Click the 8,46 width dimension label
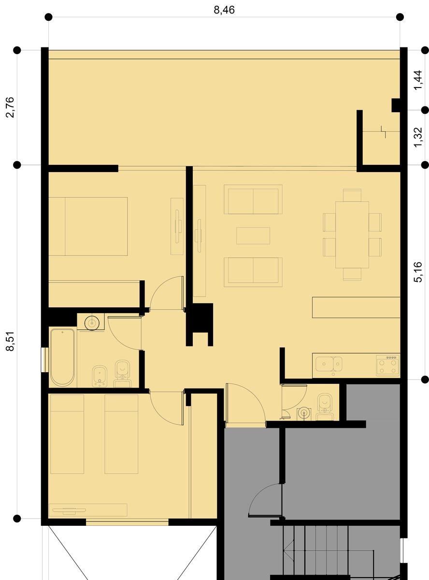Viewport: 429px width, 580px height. coord(224,10)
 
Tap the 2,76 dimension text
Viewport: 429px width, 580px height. coord(10,107)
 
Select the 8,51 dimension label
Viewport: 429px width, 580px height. coord(10,341)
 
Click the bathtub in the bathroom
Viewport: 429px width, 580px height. coord(62,357)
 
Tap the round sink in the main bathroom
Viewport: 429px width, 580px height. coord(92,323)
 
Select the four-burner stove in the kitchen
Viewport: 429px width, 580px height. coord(388,365)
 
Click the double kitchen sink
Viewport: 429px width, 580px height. coord(329,364)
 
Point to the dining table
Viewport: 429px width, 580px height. coord(352,234)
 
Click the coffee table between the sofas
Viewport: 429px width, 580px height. coord(253,235)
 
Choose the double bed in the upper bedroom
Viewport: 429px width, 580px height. coord(88,226)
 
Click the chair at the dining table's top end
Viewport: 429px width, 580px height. coord(352,195)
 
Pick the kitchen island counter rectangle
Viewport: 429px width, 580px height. coord(356,307)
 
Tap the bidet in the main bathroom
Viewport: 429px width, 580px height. coord(100,376)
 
